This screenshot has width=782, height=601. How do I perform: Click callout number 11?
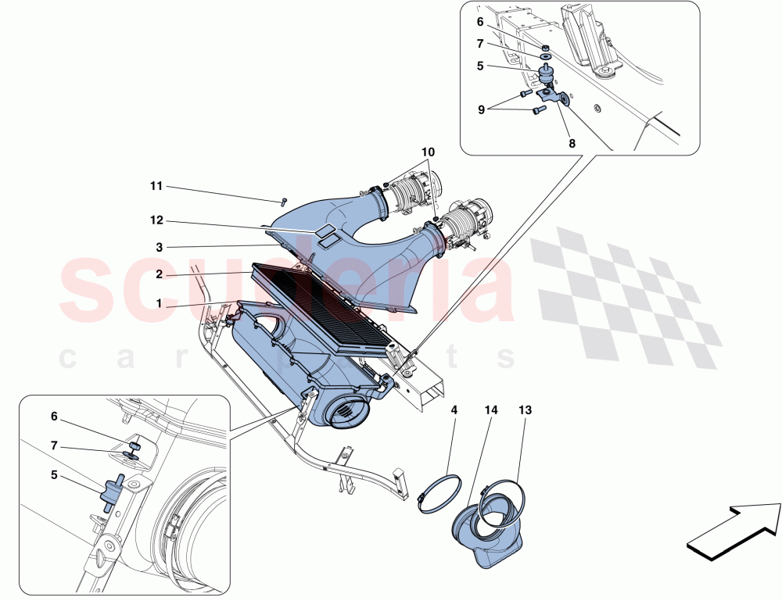(x=156, y=186)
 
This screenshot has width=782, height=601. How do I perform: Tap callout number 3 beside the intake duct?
(x=159, y=247)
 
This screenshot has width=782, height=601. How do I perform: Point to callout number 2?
(x=159, y=274)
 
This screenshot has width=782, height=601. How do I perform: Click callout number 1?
(x=159, y=302)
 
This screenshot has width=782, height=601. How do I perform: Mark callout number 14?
(x=491, y=410)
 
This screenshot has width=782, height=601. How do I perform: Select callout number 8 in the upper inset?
(x=572, y=144)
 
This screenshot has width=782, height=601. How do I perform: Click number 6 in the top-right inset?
(x=481, y=22)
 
